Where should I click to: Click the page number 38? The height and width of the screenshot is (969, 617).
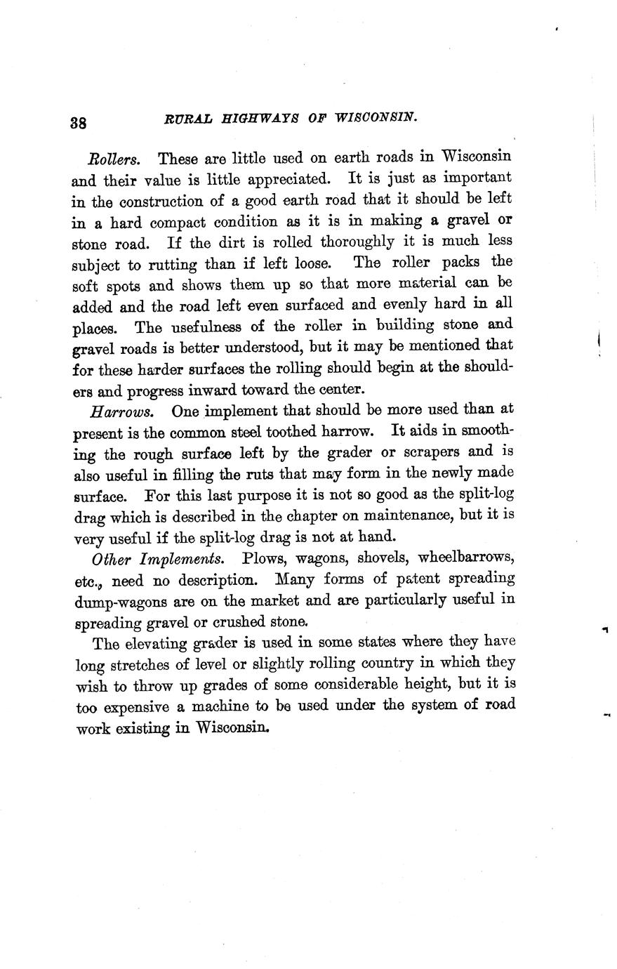[79, 122]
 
